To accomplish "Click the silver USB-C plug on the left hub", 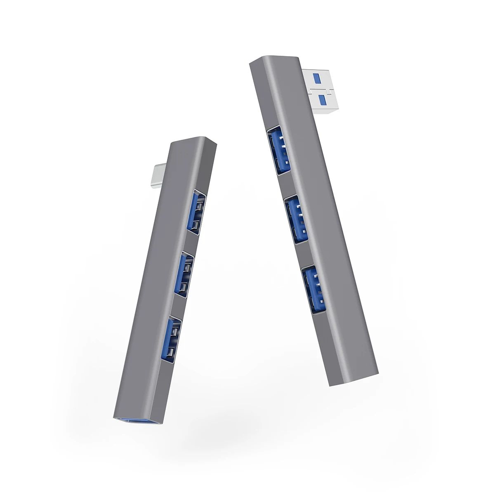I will [x=160, y=176].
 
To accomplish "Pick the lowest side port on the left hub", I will [x=171, y=338].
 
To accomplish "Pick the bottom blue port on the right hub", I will [x=314, y=289].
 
